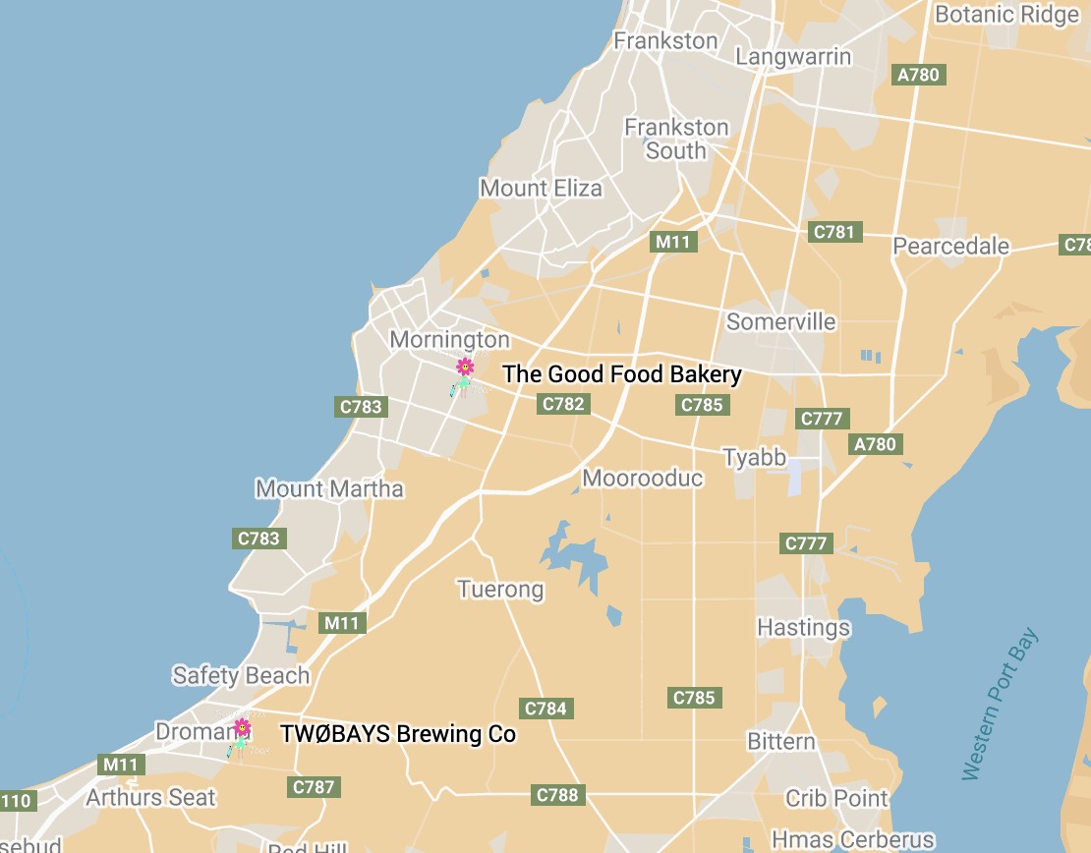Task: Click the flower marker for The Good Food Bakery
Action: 465,368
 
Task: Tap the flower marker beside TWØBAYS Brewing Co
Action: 242,728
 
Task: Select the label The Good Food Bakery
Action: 622,374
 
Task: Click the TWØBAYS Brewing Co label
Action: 398,734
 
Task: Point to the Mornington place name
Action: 450,340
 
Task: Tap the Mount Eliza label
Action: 541,188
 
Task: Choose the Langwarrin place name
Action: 793,56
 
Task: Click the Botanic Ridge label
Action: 1006,15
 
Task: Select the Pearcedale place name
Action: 950,246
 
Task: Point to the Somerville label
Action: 780,321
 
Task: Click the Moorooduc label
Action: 643,479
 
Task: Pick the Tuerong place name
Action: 500,590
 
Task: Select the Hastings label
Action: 803,627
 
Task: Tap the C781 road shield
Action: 834,232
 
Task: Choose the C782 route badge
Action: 563,403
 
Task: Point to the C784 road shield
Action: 545,708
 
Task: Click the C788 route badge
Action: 557,794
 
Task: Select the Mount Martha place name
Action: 329,488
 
